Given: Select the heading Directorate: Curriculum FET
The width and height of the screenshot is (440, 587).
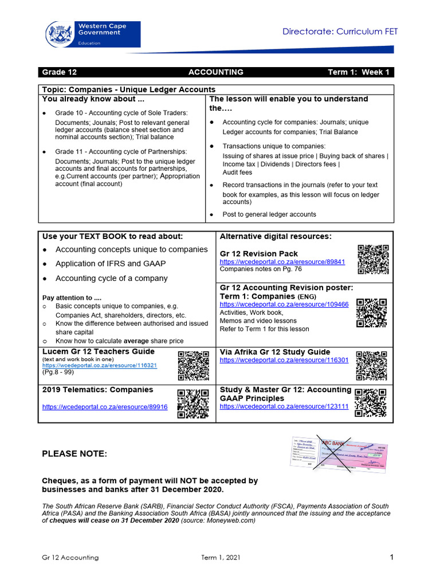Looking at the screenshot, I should click(x=340, y=32).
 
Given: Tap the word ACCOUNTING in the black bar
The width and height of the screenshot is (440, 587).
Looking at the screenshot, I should click(x=216, y=72).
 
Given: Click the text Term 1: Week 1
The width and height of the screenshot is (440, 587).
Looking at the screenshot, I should click(x=358, y=72).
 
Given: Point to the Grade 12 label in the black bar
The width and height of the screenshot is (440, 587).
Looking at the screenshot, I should click(x=59, y=72).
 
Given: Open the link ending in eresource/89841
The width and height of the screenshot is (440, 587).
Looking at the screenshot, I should click(x=282, y=261).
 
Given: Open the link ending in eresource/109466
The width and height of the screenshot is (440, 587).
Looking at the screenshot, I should click(x=284, y=304).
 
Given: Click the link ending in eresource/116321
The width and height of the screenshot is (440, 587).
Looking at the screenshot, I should click(x=100, y=365).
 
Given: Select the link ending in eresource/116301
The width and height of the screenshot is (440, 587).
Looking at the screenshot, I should click(x=284, y=360).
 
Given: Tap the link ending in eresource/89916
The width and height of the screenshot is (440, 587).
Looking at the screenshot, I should click(x=105, y=406).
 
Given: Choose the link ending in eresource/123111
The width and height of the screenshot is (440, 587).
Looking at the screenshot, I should click(x=284, y=406).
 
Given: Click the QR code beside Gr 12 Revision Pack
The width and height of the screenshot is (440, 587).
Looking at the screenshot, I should click(x=373, y=260).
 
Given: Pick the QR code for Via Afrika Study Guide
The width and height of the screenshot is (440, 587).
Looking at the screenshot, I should click(x=372, y=365).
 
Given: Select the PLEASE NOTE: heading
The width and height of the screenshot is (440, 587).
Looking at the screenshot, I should click(x=74, y=454).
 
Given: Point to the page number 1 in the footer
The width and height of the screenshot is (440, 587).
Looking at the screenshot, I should click(x=392, y=557).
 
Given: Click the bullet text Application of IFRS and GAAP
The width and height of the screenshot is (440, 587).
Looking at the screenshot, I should click(x=119, y=264).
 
